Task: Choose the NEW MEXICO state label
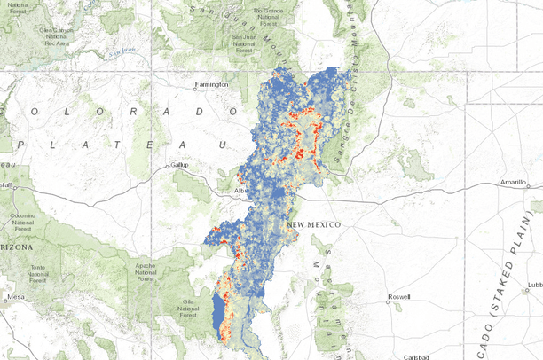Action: tap(314, 226)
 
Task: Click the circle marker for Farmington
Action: tap(197, 85)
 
